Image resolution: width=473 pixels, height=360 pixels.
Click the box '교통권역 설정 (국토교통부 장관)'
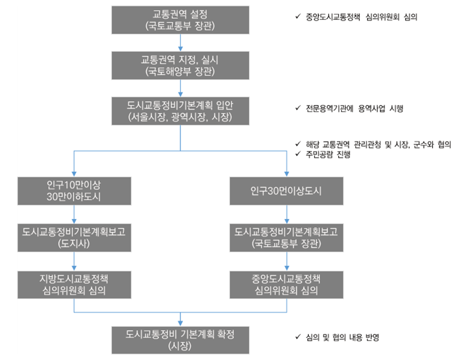[x=180, y=19]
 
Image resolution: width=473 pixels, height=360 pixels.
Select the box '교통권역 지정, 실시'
[x=180, y=65]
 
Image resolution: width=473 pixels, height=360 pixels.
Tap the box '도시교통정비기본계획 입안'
[x=180, y=110]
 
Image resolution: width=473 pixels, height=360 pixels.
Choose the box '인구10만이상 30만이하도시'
[x=74, y=191]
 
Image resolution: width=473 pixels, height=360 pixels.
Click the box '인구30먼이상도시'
[x=286, y=191]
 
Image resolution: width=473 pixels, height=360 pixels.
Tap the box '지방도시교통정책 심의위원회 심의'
[x=74, y=284]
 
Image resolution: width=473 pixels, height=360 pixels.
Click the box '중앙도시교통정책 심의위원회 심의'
[x=286, y=284]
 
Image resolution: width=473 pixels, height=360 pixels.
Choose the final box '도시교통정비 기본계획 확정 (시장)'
[x=180, y=339]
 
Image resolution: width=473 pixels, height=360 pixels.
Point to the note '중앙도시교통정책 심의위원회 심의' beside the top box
[x=361, y=17]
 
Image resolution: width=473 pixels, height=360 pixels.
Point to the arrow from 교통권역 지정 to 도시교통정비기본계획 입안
[x=180, y=88]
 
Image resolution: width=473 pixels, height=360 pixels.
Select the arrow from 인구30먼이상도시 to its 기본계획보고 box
[x=286, y=214]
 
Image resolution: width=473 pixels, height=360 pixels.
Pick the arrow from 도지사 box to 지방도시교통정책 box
[x=74, y=261]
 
